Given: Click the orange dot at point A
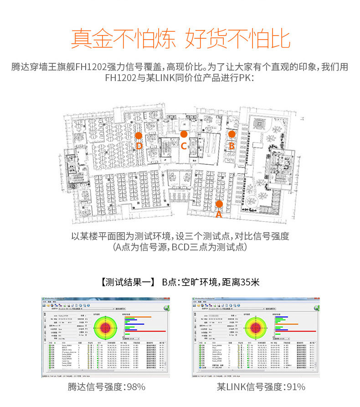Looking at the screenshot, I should coord(219,203).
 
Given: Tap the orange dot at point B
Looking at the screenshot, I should coord(231,134).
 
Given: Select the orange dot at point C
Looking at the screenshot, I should coord(184,134).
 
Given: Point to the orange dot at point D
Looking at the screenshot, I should coord(139,136).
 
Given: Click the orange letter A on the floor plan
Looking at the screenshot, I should coord(219,214).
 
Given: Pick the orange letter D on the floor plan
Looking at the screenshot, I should coord(139,146).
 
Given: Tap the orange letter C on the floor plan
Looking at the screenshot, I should coord(184,146).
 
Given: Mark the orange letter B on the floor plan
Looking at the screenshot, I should coord(231,146).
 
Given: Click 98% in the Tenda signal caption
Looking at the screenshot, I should coord(136,387).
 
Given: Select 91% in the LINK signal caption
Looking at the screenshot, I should coord(295,387).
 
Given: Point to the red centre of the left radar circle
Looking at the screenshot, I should coord(105,327).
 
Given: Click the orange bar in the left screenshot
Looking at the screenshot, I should coord(137,317).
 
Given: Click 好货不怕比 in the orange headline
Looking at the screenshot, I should coord(237,39).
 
